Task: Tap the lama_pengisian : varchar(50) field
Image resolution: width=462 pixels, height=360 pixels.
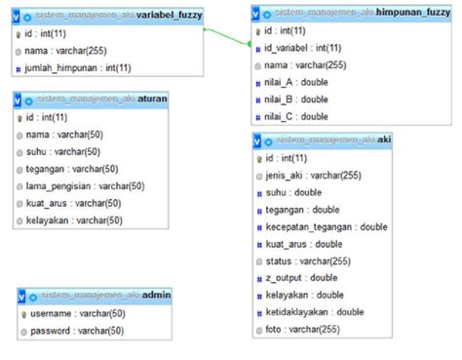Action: [x=86, y=186]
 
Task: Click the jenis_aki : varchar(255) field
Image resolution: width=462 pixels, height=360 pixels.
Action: [x=314, y=176]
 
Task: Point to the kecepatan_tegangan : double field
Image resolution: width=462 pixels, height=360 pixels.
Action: [x=326, y=227]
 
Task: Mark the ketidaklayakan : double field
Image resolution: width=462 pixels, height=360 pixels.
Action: [x=315, y=312]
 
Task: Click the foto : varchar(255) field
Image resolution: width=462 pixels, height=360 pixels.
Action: [x=302, y=330]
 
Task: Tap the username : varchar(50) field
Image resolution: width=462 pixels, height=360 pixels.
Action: [x=78, y=314]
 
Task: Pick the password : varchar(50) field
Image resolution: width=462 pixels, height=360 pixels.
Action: [x=77, y=331]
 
